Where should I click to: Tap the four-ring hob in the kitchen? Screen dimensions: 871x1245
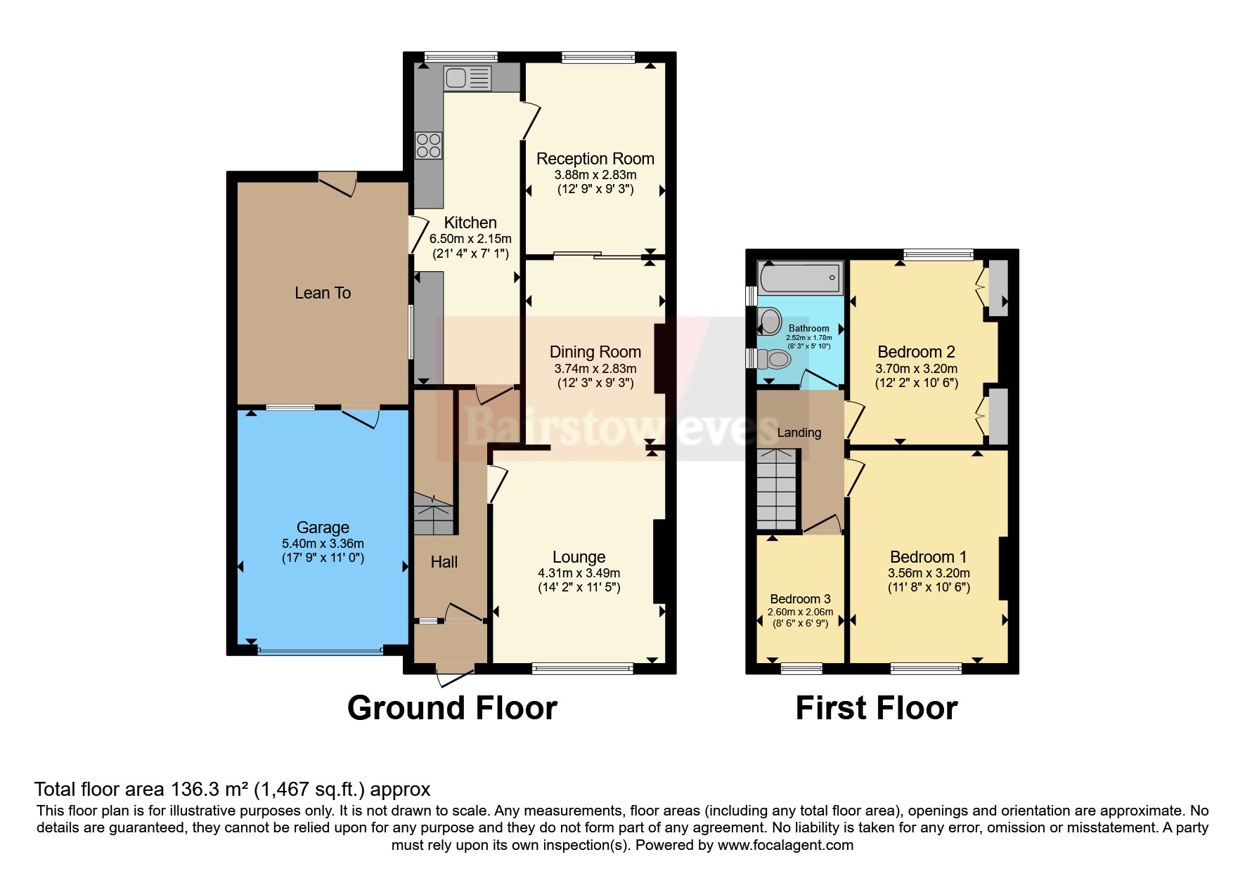[x=428, y=145]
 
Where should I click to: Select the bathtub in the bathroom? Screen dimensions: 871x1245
[x=801, y=278]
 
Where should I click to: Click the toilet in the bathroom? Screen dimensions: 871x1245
[x=773, y=360]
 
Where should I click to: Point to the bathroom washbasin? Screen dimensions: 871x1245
[x=770, y=322]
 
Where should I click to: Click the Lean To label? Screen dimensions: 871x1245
[x=323, y=293]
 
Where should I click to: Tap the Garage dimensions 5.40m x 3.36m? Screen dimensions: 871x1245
[x=323, y=544]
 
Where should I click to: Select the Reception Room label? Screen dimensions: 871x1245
[x=595, y=159]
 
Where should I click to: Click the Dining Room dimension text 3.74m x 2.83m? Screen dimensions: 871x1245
[x=595, y=369]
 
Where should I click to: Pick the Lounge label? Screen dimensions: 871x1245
[x=579, y=557]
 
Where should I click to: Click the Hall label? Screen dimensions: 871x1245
[x=444, y=562]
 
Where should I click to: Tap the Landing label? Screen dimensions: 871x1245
[x=799, y=433]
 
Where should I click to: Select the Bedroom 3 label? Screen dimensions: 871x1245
[x=800, y=599]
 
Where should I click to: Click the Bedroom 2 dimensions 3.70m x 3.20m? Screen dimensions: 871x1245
[x=916, y=369]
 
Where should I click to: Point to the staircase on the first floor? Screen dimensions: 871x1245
[x=777, y=490]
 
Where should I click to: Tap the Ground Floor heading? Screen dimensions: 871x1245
[x=452, y=708]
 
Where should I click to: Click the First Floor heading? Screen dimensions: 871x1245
[x=876, y=708]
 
